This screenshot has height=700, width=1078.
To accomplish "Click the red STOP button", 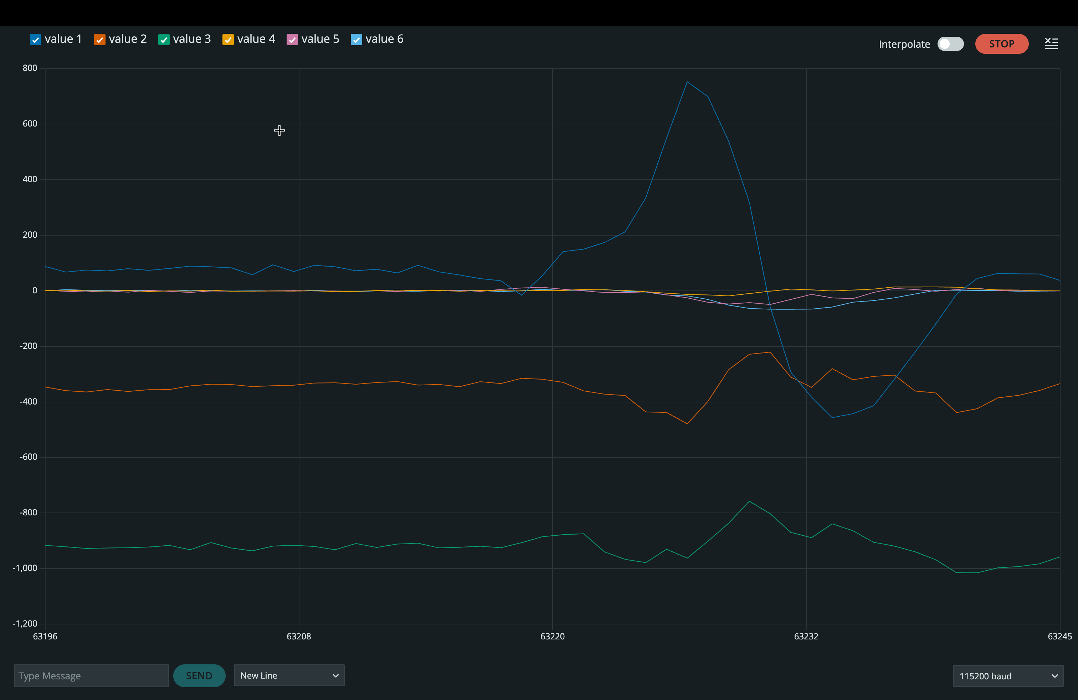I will (1001, 44).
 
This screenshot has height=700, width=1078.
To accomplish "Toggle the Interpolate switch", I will (950, 44).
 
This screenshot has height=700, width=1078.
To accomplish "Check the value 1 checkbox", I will (35, 40).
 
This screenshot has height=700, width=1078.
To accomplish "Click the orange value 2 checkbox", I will (100, 40).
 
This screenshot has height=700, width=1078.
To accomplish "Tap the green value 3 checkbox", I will (164, 40).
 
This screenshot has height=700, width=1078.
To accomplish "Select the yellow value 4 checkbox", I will (228, 40).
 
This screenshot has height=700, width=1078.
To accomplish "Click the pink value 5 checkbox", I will (292, 40).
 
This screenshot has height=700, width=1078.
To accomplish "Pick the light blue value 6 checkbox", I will (356, 40).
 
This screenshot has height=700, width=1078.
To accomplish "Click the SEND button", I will (199, 675).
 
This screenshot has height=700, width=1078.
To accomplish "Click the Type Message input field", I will (91, 675).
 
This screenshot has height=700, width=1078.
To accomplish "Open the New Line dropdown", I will (289, 675).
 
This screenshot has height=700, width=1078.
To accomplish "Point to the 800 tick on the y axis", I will (30, 68).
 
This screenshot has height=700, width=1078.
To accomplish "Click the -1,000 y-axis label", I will (25, 568).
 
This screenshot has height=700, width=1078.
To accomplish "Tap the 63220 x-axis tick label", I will (552, 636).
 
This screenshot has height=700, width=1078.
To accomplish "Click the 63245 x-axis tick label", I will (1059, 636).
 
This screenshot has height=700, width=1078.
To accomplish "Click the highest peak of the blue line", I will (687, 82).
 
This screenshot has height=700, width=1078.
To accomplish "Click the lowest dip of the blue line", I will (832, 417).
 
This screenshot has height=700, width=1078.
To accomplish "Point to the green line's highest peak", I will (749, 501).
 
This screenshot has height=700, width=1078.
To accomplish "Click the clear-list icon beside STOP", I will (1051, 43).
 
